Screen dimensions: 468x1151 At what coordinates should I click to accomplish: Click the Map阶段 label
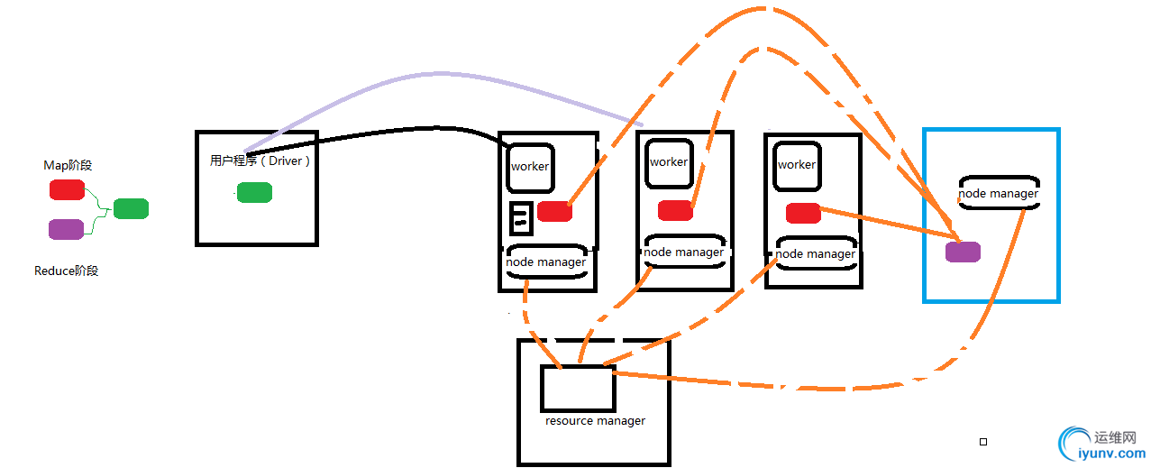click(x=68, y=166)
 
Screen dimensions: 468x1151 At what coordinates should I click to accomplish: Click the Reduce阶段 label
click(x=66, y=271)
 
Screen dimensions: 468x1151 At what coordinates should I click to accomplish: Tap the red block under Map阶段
click(x=67, y=189)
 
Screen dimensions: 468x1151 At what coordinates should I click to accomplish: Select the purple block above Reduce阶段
click(x=66, y=229)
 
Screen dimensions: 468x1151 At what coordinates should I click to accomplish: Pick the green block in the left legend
click(x=131, y=208)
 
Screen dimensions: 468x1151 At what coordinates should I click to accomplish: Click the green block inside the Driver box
click(x=254, y=192)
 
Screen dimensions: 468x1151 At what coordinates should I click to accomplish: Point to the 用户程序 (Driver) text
click(x=260, y=161)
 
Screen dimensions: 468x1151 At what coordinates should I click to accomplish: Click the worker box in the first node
click(x=530, y=166)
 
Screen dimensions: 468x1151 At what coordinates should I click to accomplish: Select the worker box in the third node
click(x=797, y=164)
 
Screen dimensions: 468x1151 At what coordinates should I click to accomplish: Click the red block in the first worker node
click(x=554, y=211)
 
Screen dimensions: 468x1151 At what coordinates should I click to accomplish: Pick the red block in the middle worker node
click(x=675, y=210)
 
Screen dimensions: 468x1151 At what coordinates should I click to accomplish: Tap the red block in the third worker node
click(x=802, y=213)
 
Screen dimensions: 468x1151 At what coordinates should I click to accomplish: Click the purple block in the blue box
click(x=963, y=252)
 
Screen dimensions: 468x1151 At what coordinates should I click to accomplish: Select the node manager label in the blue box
click(x=999, y=193)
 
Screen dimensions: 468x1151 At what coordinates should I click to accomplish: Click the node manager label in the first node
click(x=546, y=262)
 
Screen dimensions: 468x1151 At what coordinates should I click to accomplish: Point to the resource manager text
click(x=595, y=421)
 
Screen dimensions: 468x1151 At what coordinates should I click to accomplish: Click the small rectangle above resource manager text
click(x=578, y=389)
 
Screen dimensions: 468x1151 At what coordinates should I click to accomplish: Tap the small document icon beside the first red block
click(x=520, y=218)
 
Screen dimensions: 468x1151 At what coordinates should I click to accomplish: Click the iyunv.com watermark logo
click(x=1101, y=445)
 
